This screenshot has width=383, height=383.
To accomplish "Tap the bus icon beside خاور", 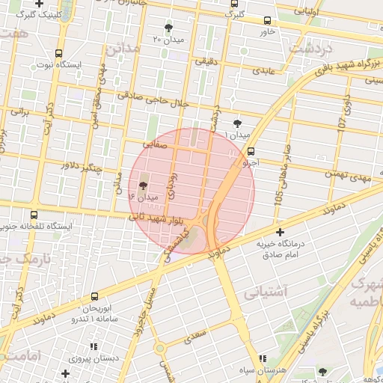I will pyautogui.click(x=269, y=21).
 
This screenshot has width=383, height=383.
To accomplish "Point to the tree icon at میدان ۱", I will pyautogui.click(x=238, y=123).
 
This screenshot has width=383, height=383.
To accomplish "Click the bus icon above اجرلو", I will pyautogui.click(x=251, y=150).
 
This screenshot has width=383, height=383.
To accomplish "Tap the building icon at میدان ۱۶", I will pyautogui.click(x=144, y=186).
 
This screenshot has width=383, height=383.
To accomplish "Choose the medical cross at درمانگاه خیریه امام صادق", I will pyautogui.click(x=280, y=233).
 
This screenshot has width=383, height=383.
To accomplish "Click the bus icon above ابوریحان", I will pyautogui.click(x=95, y=297).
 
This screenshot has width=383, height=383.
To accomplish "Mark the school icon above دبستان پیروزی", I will pyautogui.click(x=94, y=346).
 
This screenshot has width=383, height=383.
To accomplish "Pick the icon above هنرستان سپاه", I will pyautogui.click(x=262, y=359).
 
